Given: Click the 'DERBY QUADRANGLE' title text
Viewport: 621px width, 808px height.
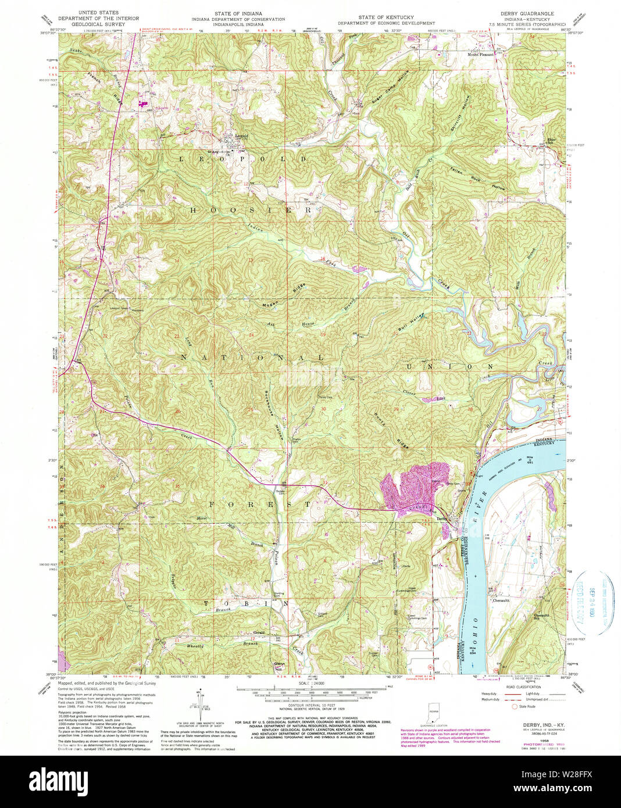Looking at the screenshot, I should pyautogui.click(x=527, y=13).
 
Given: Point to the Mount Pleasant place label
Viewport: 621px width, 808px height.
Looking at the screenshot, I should pyautogui.click(x=481, y=55).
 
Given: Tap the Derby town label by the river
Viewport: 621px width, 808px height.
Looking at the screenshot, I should pyautogui.click(x=442, y=519).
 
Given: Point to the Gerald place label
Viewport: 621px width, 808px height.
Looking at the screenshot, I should pyautogui.click(x=259, y=632).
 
